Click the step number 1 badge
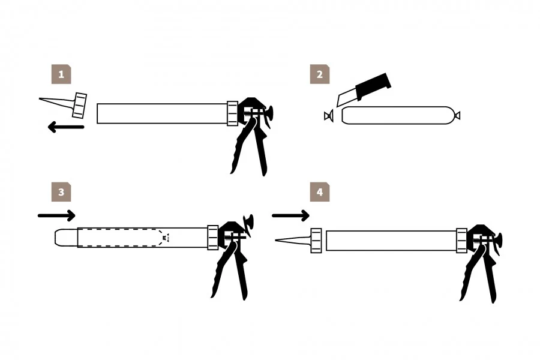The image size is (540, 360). coord(61,74)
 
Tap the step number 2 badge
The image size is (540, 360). coord(320,74)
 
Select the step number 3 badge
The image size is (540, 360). coord(61,192)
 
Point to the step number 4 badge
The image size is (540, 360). coord(320,192)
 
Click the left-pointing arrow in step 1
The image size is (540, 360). coord(66,127)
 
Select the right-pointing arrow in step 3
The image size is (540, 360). coord(56,215)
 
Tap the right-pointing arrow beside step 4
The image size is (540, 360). coord(290,215)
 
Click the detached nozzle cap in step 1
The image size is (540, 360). coord(80,105)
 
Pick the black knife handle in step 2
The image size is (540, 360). coord(374,86)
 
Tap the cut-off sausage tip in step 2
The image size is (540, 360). coord(329,116)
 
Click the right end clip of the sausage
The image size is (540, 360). coord(457,116)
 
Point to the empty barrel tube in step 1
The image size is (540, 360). coord(162,113)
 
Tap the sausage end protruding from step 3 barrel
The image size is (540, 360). coord(66,238)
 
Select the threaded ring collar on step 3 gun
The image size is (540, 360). coord(213,238)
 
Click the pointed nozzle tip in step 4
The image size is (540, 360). coord(276,240)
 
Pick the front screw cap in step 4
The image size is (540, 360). coord(316,241)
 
